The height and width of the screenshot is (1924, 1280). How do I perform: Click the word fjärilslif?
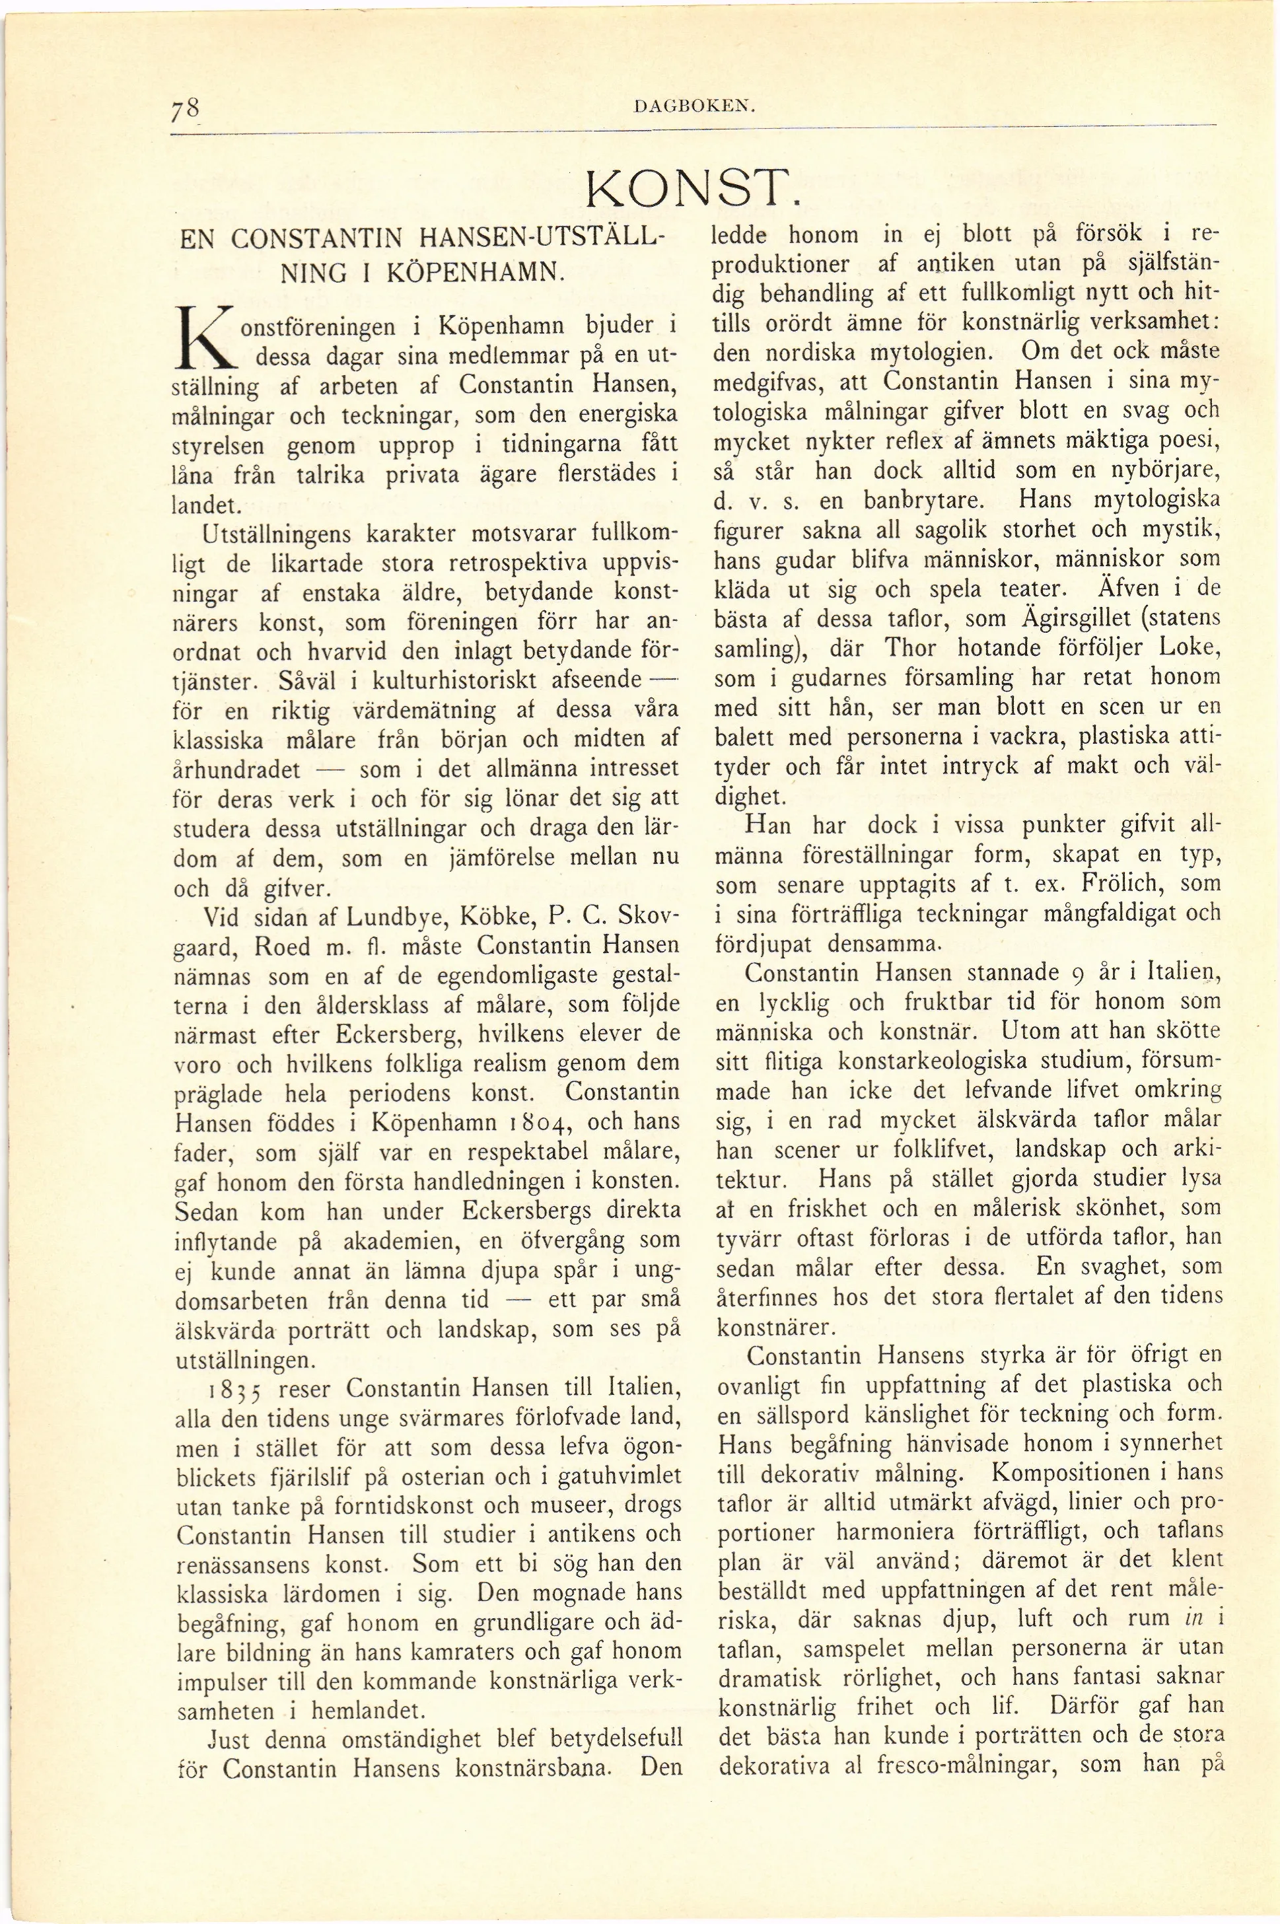point(279,1478)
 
